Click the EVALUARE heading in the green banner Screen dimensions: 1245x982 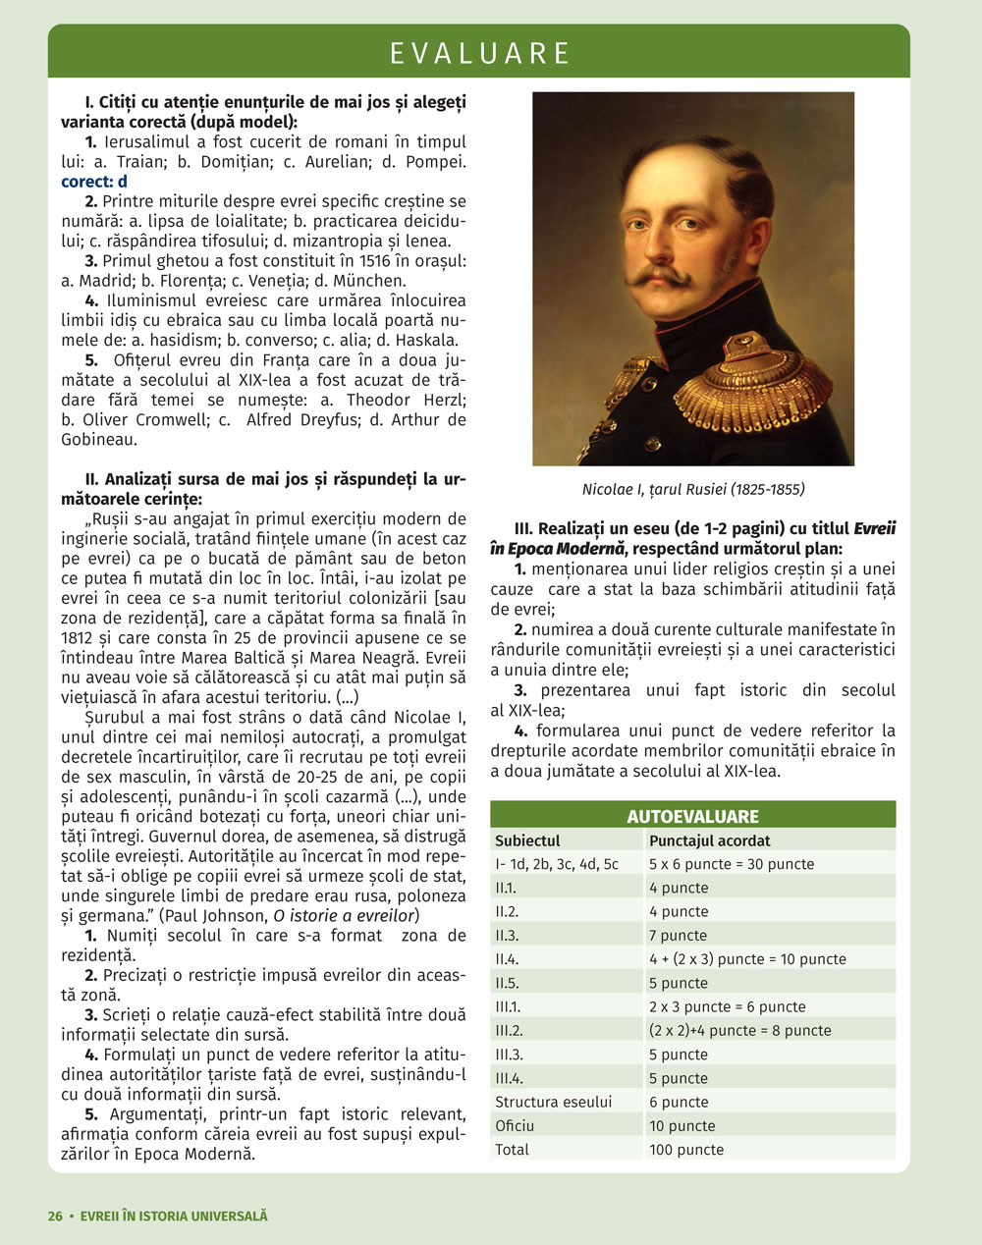click(x=479, y=53)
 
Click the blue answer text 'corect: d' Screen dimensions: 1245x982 click(x=94, y=182)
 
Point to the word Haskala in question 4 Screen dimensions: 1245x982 click(x=425, y=341)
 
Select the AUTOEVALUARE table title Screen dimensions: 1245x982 click(x=692, y=816)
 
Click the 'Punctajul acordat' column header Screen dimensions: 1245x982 click(x=709, y=840)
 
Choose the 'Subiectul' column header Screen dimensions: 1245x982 click(x=527, y=840)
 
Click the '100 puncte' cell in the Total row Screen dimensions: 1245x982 click(x=686, y=1150)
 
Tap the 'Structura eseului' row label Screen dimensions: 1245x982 click(x=553, y=1102)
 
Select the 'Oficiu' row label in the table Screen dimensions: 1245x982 click(x=515, y=1126)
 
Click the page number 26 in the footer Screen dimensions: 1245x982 click(x=55, y=1216)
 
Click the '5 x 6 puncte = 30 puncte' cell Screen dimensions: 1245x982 click(x=731, y=864)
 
